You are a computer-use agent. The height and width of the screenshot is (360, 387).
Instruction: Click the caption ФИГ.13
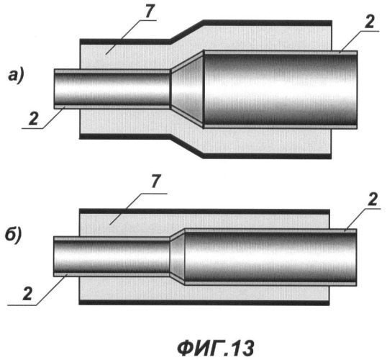[216, 348]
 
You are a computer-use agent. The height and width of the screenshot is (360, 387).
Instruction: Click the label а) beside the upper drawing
[16, 76]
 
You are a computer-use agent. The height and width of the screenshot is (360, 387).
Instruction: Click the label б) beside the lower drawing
[14, 235]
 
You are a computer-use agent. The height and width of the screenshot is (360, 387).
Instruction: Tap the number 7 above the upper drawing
[150, 12]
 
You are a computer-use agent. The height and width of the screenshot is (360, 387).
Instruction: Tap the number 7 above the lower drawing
[156, 181]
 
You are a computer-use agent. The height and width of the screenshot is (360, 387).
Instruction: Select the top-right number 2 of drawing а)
[369, 22]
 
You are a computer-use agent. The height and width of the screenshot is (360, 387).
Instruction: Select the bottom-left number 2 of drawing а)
[34, 119]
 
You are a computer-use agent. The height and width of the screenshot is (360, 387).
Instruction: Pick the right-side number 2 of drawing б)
[373, 199]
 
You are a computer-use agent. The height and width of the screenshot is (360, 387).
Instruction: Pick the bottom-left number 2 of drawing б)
[27, 294]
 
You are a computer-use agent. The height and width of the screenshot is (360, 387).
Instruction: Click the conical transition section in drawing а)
[187, 89]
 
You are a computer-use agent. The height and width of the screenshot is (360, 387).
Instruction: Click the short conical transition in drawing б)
[178, 257]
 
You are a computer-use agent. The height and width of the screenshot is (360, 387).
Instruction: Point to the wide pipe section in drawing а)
[281, 89]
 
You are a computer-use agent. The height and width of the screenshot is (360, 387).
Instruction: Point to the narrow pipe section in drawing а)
[112, 89]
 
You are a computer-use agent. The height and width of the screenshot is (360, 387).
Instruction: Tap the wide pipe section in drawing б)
[270, 257]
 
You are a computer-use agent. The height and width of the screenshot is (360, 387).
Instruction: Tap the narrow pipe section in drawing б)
[111, 256]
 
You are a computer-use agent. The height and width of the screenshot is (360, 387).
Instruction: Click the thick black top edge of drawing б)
[204, 212]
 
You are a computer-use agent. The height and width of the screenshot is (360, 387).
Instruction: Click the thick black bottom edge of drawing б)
[204, 302]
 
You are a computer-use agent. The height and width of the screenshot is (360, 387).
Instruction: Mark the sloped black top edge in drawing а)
[187, 32]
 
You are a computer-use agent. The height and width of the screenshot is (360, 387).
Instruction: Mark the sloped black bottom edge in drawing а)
[187, 146]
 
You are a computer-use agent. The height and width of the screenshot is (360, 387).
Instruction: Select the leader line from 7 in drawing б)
[139, 209]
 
